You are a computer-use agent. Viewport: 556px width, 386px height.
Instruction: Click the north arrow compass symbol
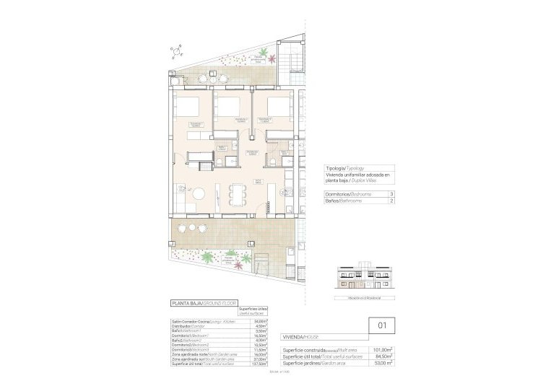click(x=175, y=51)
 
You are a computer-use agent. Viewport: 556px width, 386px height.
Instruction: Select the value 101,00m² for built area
click(x=381, y=349)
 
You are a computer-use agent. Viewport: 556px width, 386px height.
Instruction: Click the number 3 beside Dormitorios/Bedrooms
click(x=391, y=194)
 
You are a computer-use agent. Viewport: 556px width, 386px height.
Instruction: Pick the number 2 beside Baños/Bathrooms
click(x=391, y=201)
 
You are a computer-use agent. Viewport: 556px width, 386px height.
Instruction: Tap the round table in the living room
click(x=199, y=193)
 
